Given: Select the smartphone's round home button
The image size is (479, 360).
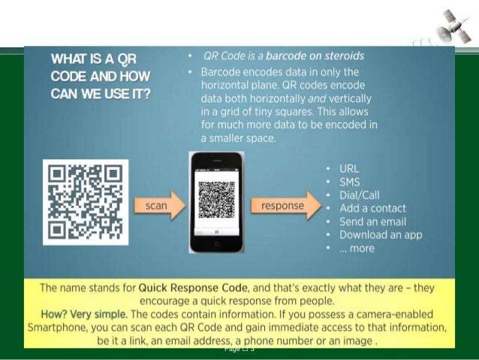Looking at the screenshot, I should pyautogui.click(x=215, y=244).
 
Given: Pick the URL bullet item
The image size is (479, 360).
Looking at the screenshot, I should pyautogui.click(x=349, y=168).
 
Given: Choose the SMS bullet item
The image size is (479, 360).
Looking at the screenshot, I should pyautogui.click(x=350, y=182).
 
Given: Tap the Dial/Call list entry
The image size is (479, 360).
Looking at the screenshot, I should pyautogui.click(x=360, y=195).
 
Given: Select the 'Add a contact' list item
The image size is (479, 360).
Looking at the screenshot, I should pyautogui.click(x=372, y=208).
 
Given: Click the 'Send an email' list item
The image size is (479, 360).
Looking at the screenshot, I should pyautogui.click(x=372, y=222).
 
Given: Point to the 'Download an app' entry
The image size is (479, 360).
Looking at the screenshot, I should pyautogui.click(x=381, y=235).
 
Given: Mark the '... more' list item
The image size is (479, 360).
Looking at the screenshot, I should pyautogui.click(x=357, y=249).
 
